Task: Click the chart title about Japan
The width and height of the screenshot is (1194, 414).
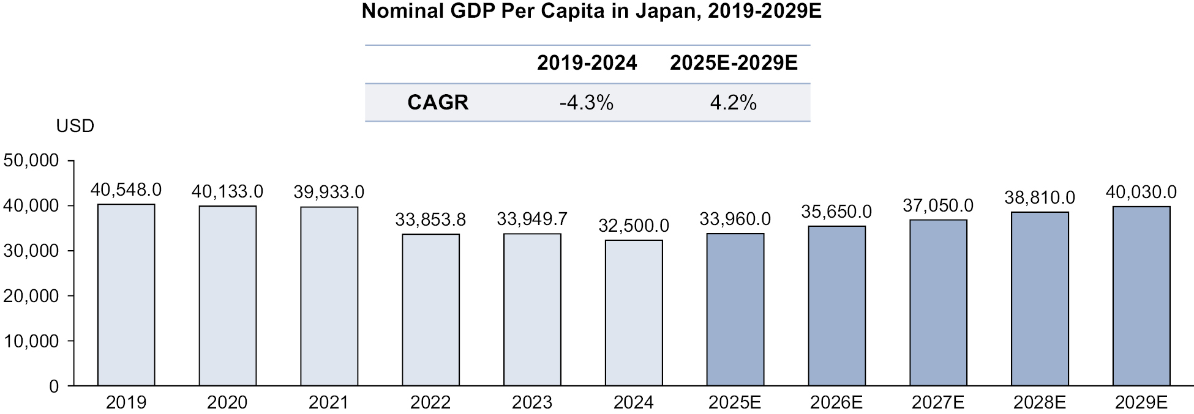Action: pyautogui.click(x=591, y=12)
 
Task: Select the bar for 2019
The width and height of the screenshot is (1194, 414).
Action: pyautogui.click(x=126, y=295)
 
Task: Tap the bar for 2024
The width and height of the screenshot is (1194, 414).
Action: pyautogui.click(x=634, y=312)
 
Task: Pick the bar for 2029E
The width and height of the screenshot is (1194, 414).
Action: pyautogui.click(x=1141, y=296)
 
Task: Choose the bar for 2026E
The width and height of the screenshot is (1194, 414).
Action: pyautogui.click(x=836, y=306)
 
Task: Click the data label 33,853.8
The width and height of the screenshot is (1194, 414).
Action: pyautogui.click(x=430, y=220)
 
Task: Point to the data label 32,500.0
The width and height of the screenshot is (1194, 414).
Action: pyautogui.click(x=634, y=226)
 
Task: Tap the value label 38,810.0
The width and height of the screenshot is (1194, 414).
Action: pyautogui.click(x=1040, y=198)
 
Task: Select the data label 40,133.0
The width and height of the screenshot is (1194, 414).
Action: pyautogui.click(x=227, y=192)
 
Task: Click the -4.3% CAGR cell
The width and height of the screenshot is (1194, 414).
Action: pyautogui.click(x=586, y=103)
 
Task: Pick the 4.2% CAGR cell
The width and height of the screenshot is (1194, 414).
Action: pyautogui.click(x=733, y=103)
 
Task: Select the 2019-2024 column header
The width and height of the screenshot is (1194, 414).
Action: pyautogui.click(x=587, y=63)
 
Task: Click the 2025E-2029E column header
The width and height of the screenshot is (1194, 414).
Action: pyautogui.click(x=734, y=63)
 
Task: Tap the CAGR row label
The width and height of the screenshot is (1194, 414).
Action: pyautogui.click(x=438, y=103)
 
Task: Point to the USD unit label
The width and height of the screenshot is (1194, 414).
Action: pyautogui.click(x=75, y=127)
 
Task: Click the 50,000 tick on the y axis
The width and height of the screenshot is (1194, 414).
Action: pyautogui.click(x=31, y=161)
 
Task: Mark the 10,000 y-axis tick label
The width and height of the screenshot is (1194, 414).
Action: pyautogui.click(x=31, y=341)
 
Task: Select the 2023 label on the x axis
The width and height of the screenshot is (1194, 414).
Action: pyautogui.click(x=532, y=402)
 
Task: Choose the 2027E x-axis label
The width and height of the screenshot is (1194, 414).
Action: pyautogui.click(x=937, y=402)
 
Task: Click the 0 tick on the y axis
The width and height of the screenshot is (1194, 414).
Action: pyautogui.click(x=54, y=386)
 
